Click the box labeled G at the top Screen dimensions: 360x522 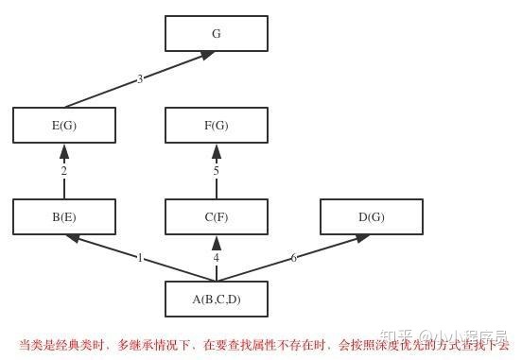point(216,33)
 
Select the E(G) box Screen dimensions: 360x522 point(64,125)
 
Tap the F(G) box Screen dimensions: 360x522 point(216,125)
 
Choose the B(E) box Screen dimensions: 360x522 point(64,216)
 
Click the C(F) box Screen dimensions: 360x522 point(216,216)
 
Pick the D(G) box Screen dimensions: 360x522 point(371,216)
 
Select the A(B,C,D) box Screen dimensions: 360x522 point(216,299)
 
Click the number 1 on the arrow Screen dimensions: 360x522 point(140,257)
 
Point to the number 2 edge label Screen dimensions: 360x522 point(64,171)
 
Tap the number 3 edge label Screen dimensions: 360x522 point(140,78)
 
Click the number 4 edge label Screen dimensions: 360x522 point(216,257)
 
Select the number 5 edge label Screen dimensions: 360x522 point(216,171)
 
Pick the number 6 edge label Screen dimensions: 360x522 point(293,257)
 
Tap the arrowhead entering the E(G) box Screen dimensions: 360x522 point(64,150)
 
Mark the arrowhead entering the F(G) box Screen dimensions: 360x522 point(216,150)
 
